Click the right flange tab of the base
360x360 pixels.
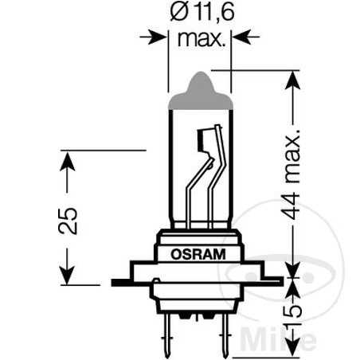pyautogui.click(x=274, y=281)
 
